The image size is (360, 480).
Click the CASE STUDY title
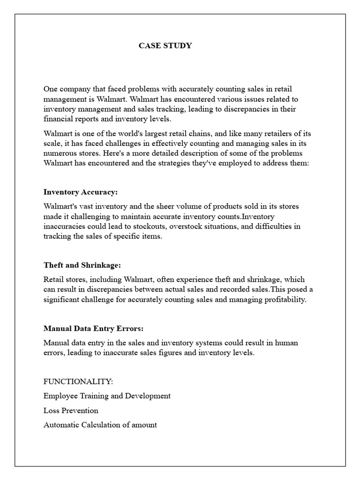click(165, 45)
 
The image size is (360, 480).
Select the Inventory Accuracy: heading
click(81, 192)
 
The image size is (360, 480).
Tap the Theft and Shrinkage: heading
click(82, 265)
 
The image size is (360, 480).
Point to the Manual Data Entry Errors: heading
click(93, 328)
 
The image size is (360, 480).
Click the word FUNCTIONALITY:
click(78, 381)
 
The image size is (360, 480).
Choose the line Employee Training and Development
click(107, 396)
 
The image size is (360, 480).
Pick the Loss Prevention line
click(71, 410)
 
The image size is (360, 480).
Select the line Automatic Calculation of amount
click(100, 425)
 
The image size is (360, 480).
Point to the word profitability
click(282, 300)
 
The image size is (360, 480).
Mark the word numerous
click(59, 153)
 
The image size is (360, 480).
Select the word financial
click(58, 119)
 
